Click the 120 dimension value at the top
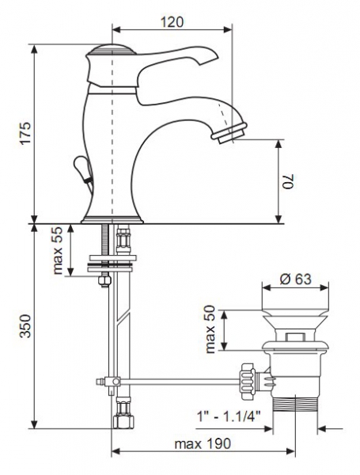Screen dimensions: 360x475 172,22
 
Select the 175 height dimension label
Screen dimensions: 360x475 25,133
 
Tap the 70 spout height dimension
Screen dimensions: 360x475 288,181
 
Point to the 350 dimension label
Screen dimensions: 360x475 25,326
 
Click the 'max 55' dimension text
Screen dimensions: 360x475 57,250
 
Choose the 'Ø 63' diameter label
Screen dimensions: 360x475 295,279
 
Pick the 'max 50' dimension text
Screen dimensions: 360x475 210,329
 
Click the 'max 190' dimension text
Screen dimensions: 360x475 203,444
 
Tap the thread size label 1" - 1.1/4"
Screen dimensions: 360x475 229,416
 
